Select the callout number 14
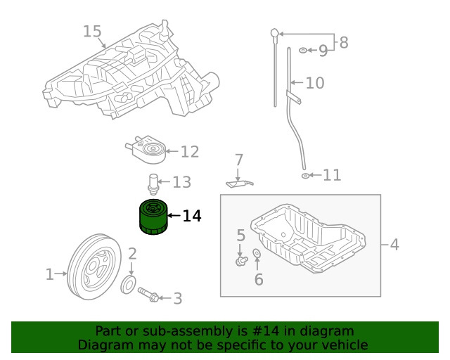(x=191, y=217)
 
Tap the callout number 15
(x=92, y=32)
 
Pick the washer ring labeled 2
(x=129, y=284)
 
